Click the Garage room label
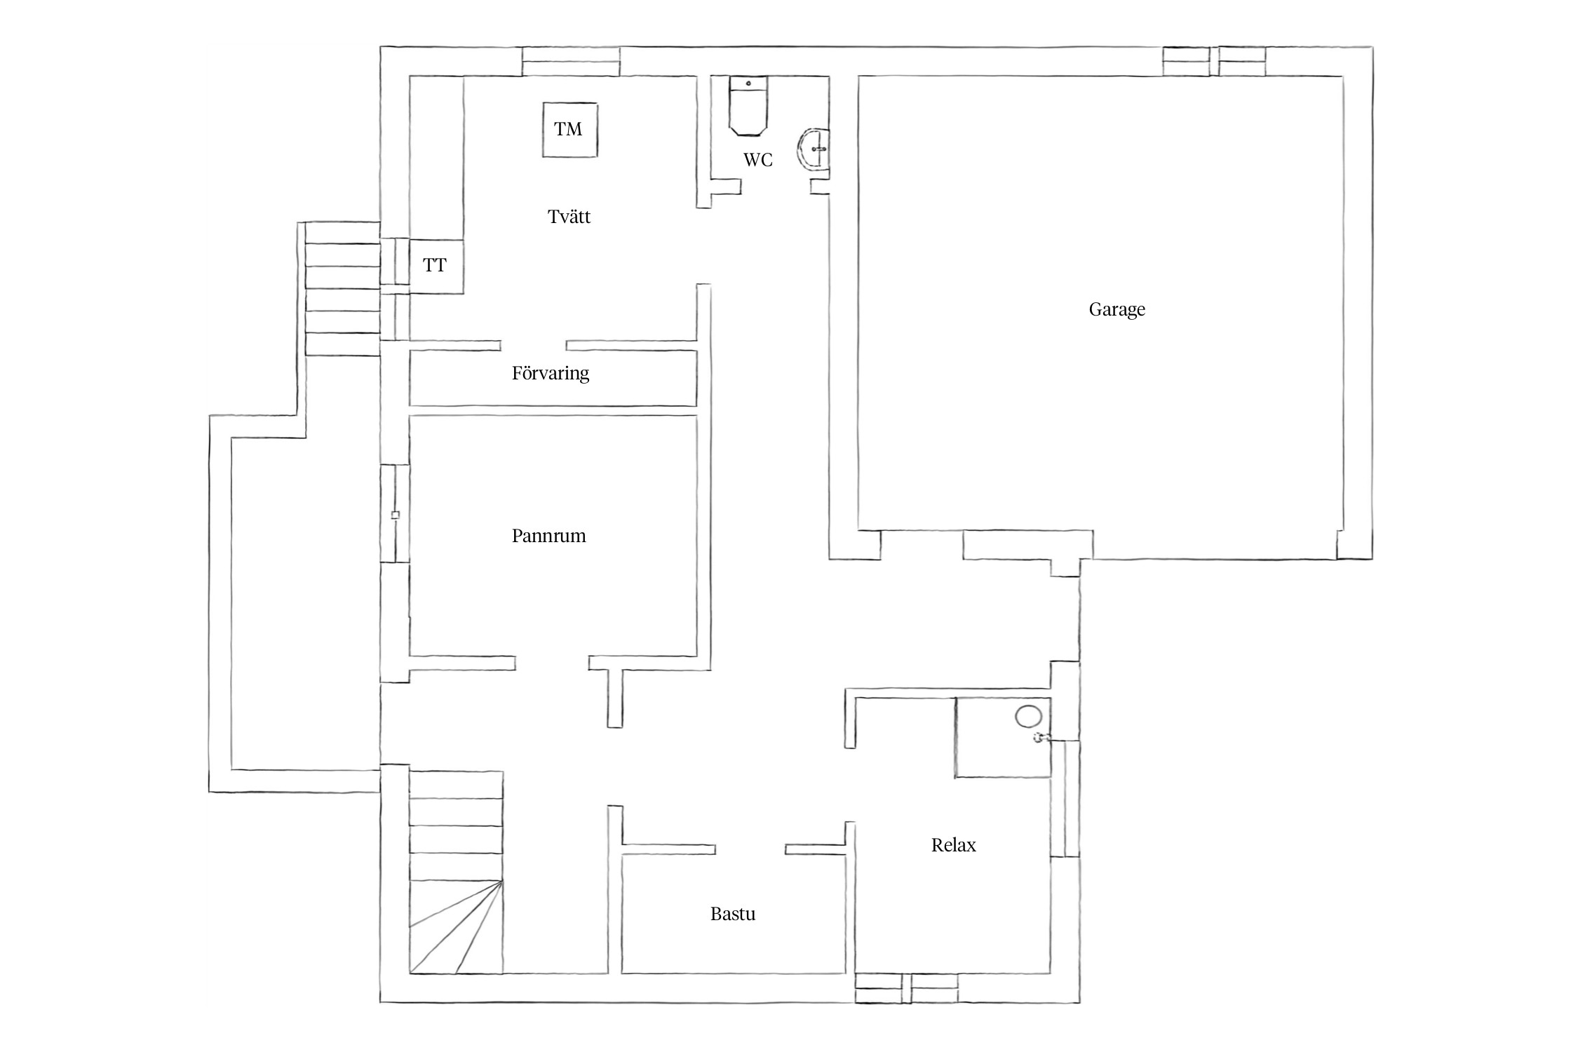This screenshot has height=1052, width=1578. click(x=1117, y=309)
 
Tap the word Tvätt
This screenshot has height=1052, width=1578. click(x=569, y=217)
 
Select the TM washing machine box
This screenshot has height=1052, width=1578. click(x=569, y=130)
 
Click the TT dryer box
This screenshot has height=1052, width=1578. click(x=436, y=266)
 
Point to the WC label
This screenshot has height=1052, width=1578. click(x=758, y=160)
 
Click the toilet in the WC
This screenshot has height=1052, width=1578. click(x=748, y=105)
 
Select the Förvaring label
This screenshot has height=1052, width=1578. click(x=551, y=373)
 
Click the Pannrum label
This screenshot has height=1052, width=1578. click(x=548, y=536)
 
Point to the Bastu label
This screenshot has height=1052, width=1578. click(x=733, y=914)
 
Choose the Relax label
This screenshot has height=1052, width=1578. click(x=953, y=845)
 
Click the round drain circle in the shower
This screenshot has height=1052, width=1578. click(x=1029, y=717)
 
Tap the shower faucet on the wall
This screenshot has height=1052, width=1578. click(x=1041, y=737)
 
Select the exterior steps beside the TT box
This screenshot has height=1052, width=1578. click(x=342, y=288)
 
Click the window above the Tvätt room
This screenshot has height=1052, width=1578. click(x=571, y=61)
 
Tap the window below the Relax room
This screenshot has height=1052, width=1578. click(x=906, y=988)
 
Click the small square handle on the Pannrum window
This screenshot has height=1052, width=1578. click(x=395, y=515)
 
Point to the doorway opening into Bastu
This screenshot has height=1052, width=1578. click(x=750, y=849)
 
